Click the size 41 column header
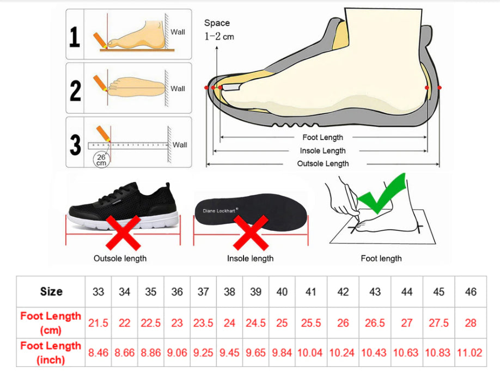pyautogui.click(x=310, y=292)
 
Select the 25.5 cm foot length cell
pyautogui.click(x=311, y=323)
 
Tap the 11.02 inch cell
pyautogui.click(x=469, y=353)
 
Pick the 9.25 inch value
pyautogui.click(x=203, y=353)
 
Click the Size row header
pyautogui.click(x=51, y=291)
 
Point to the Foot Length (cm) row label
pyautogui.click(x=51, y=322)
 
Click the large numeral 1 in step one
pyautogui.click(x=75, y=36)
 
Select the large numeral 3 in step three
pyautogui.click(x=75, y=145)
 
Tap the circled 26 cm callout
pyautogui.click(x=101, y=160)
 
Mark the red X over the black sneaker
pyautogui.click(x=123, y=233)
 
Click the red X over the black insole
pyautogui.click(x=251, y=233)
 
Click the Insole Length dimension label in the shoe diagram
pyautogui.click(x=322, y=151)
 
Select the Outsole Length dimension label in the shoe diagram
pyautogui.click(x=322, y=163)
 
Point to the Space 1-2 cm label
pyautogui.click(x=219, y=29)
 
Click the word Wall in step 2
pyautogui.click(x=178, y=89)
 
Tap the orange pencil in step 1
pyautogui.click(x=100, y=40)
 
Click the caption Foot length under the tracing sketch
pyautogui.click(x=381, y=259)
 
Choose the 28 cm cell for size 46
pyautogui.click(x=471, y=323)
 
